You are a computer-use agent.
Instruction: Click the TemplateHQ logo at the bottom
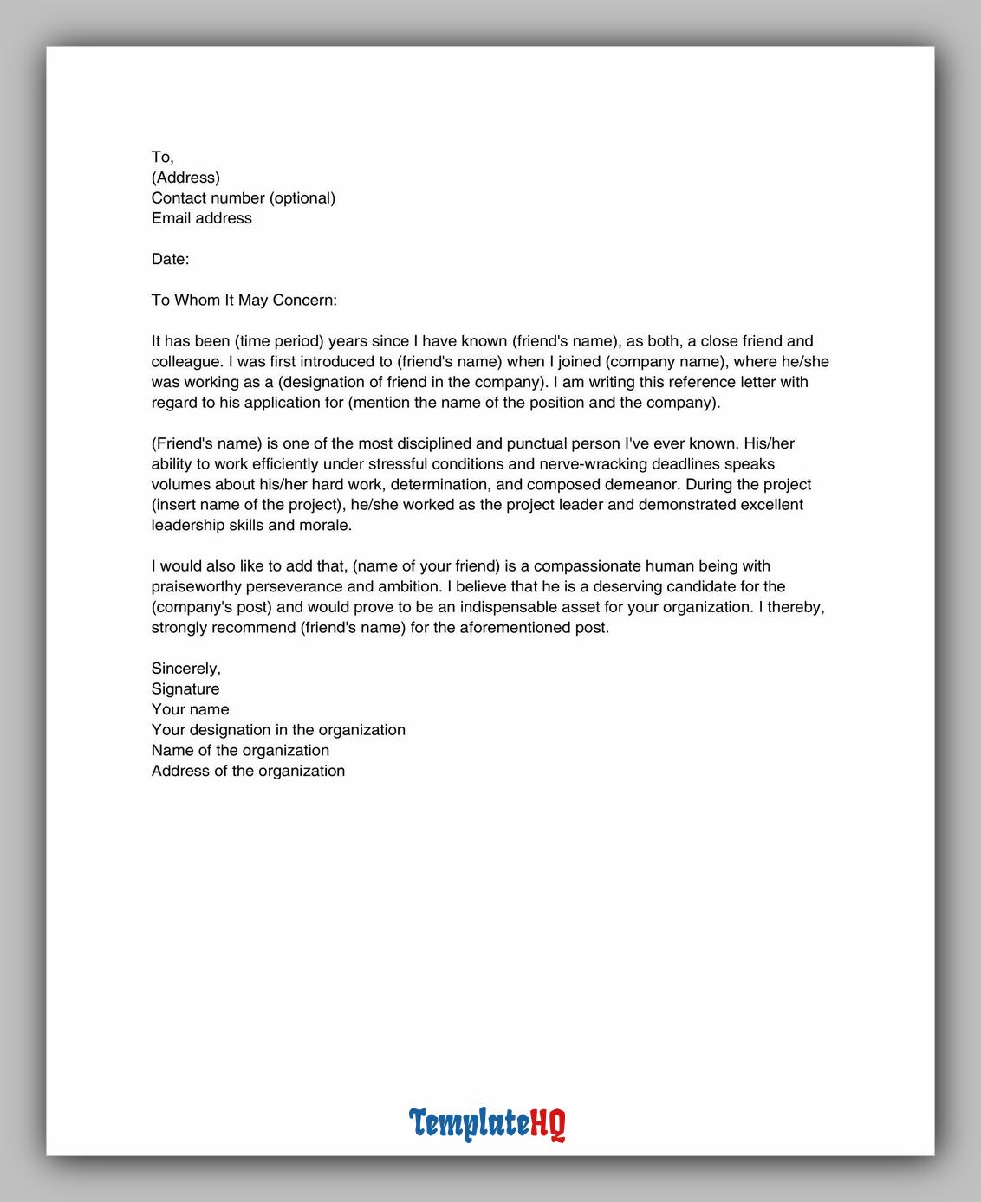pos(487,1123)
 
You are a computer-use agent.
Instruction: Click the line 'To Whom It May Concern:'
pos(244,300)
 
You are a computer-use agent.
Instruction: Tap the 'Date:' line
pos(170,259)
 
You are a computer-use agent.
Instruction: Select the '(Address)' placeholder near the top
pos(185,178)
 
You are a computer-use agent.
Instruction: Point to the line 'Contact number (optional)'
pos(243,198)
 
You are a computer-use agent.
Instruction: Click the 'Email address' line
pos(201,218)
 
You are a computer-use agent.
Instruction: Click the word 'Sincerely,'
pos(185,669)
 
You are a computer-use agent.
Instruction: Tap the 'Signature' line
pos(185,689)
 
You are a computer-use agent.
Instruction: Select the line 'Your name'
pos(190,709)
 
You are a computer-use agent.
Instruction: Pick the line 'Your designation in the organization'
pos(278,730)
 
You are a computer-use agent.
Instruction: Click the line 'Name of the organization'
pos(240,751)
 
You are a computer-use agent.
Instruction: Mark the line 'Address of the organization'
pos(248,771)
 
